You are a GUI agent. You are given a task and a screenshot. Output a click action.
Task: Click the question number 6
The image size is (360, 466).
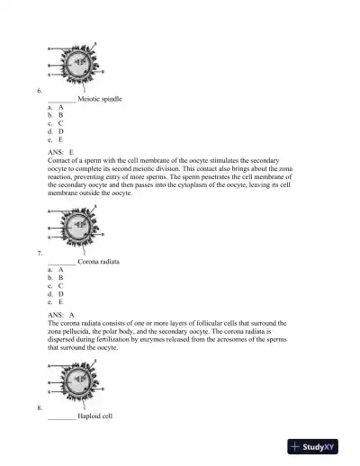coord(39,91)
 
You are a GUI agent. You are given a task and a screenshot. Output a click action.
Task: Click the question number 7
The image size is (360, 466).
coord(39,252)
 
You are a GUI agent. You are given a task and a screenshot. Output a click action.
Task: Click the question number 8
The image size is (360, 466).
coord(39,408)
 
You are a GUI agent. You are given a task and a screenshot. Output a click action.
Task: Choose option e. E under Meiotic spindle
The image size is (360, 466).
coord(55,139)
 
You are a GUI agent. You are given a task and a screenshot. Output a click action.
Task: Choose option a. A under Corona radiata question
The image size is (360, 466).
coord(55,269)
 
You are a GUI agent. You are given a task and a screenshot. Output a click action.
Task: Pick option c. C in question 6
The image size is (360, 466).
coord(55,123)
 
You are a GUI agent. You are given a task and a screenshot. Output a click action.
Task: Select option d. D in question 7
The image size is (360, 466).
coord(55,293)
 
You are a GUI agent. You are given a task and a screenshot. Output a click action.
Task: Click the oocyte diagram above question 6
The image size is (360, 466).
coord(77,65)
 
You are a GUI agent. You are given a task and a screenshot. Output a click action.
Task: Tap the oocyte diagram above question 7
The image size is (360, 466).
coord(77,226)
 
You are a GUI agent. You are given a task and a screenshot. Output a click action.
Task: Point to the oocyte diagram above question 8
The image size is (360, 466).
coord(77,383)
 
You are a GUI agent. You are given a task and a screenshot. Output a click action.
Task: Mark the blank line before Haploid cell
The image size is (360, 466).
coord(61,417)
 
